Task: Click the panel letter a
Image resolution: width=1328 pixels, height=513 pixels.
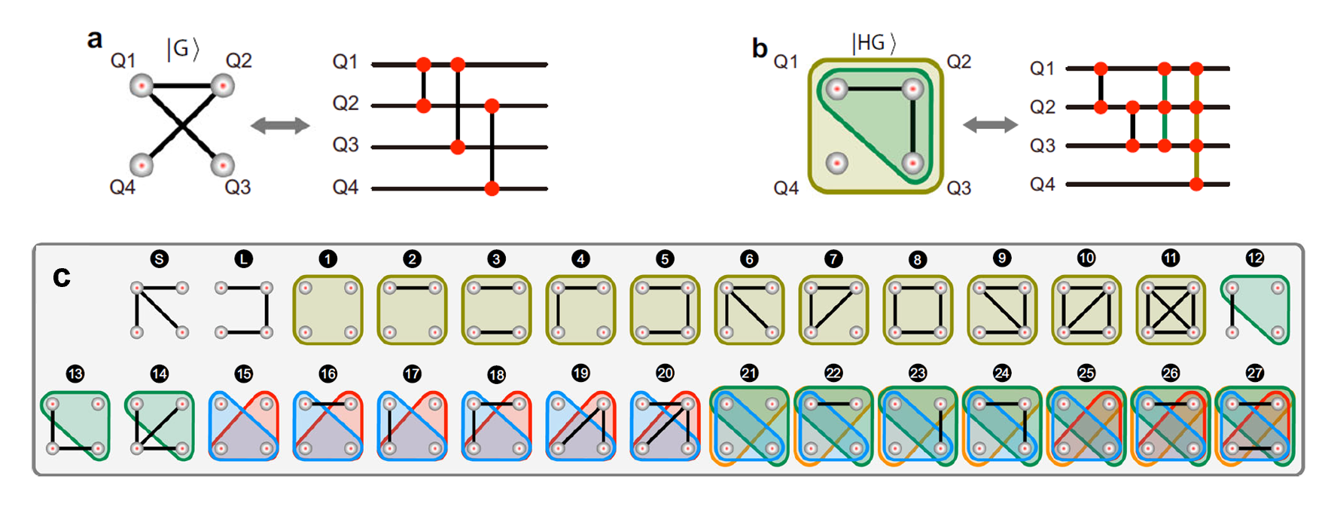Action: coord(95,39)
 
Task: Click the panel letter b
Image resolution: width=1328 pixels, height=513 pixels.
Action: coord(760,48)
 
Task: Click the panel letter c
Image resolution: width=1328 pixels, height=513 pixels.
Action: coord(62,277)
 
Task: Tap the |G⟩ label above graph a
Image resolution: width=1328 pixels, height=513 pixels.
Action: coord(183,49)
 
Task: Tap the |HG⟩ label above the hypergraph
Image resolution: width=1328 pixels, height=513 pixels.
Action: coord(873,43)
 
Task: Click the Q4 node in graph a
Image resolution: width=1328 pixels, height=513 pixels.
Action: coord(141,163)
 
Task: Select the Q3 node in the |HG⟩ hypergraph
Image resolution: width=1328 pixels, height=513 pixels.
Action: coord(912,163)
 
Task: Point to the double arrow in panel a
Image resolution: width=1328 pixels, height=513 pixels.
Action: coord(280,126)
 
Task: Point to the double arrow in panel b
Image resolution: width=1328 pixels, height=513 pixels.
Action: coord(990,125)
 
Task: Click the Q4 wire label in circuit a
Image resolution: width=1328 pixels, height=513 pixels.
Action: coord(346,187)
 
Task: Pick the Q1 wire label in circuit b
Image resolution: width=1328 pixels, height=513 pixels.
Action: coord(1042,69)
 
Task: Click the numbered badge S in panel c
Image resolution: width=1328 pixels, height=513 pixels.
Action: coord(159,259)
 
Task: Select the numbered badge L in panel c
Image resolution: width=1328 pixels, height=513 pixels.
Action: coord(243,259)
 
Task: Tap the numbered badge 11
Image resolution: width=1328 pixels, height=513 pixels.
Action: coord(1170,258)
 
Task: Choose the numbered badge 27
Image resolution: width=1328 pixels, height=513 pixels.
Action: coord(1254,374)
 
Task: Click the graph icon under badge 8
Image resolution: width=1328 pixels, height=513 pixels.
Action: coord(917,310)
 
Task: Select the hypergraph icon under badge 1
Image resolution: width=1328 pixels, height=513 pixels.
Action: coord(327,310)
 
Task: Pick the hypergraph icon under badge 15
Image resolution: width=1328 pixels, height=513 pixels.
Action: coord(243,426)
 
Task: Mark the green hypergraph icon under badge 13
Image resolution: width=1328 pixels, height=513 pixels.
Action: coord(75,426)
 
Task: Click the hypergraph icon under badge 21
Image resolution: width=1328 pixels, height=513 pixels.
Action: coord(749,426)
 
